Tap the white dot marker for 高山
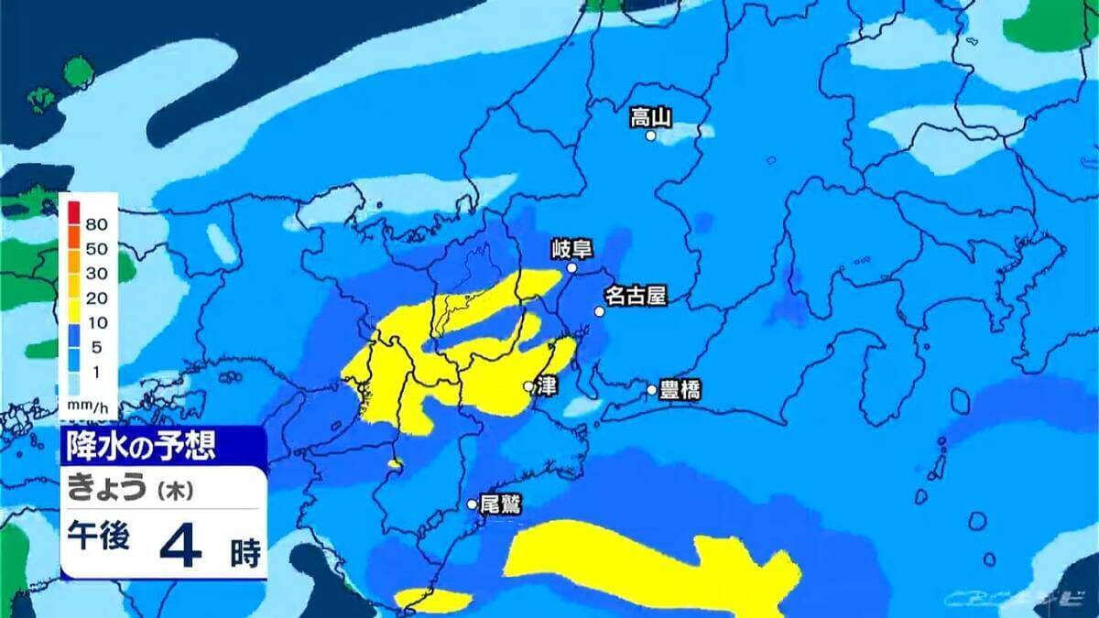[651, 136]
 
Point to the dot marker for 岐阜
[571, 268]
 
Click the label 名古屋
[635, 296]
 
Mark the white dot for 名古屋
[600, 311]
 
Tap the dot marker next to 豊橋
[652, 390]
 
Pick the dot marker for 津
[528, 386]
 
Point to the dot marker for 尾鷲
[473, 504]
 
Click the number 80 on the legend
[97, 223]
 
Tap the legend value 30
[97, 273]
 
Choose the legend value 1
[97, 372]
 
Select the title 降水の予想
[140, 446]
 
